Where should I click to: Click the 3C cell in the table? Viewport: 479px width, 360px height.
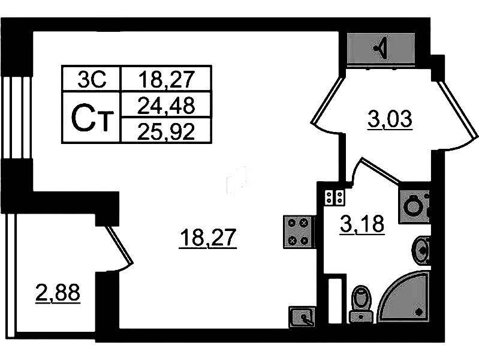coord(92,79)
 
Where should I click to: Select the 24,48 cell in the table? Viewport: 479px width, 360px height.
coord(166,104)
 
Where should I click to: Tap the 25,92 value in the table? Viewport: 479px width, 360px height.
coord(166,131)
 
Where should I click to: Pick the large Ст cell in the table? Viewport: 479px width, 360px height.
coord(92,118)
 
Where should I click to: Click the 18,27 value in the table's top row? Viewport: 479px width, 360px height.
coord(166,79)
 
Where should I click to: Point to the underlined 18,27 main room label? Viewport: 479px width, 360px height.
coord(209,238)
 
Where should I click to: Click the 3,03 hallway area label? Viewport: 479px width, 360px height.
coord(390,119)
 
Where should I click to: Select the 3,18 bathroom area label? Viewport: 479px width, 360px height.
coord(362,225)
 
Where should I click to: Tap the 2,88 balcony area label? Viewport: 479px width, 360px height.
coord(58,293)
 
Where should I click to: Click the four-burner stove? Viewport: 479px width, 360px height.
coord(298,232)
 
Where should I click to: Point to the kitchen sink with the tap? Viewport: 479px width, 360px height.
coord(302,317)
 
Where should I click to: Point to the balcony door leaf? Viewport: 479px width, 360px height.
coord(120,244)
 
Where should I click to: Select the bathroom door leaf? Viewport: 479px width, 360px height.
coord(381,170)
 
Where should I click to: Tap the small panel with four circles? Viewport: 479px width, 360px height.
coord(335,197)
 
